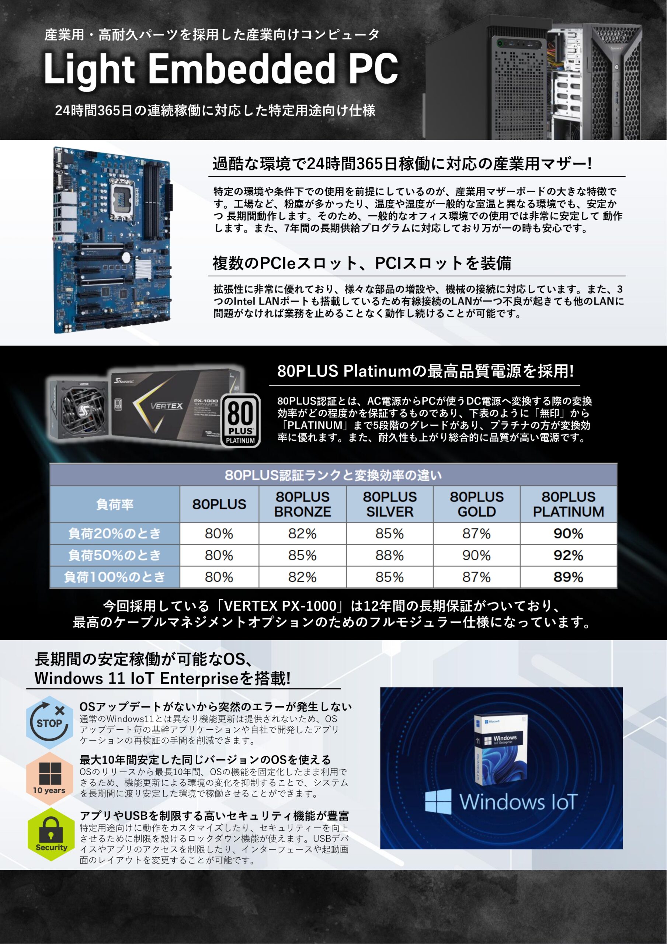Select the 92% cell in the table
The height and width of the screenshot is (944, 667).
pos(568,555)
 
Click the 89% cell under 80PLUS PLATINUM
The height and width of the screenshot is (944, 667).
pos(568,577)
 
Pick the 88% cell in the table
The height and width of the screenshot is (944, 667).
pos(389,555)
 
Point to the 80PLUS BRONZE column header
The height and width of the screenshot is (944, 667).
pos(302,504)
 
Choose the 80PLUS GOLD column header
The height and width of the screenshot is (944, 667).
pos(477,504)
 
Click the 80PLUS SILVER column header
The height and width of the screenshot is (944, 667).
pos(389,504)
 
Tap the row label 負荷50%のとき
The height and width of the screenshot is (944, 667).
pos(115,555)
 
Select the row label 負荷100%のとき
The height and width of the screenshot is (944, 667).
pos(115,577)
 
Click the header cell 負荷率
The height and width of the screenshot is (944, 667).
pos(115,504)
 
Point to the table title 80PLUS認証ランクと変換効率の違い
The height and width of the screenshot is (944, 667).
pos(333,475)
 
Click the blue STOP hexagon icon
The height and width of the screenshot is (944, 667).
pos(50,722)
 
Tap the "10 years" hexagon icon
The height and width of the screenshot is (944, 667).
pos(50,778)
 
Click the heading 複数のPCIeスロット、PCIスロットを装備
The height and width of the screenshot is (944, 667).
pos(362,264)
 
